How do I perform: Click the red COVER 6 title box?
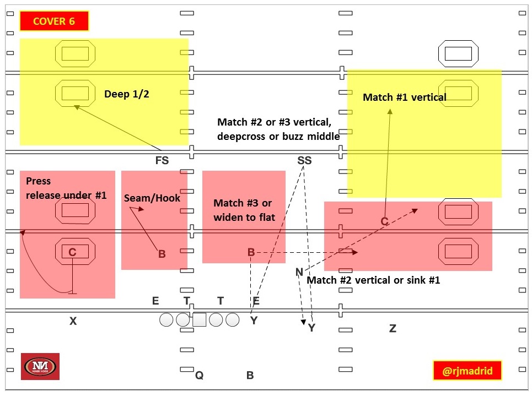(x=54, y=21)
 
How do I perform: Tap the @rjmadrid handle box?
(x=467, y=371)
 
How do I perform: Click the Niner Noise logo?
(x=40, y=366)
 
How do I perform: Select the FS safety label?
(x=162, y=161)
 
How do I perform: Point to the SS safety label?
(x=304, y=161)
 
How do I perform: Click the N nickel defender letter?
(x=299, y=272)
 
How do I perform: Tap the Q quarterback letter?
(x=200, y=376)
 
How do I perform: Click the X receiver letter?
(x=73, y=321)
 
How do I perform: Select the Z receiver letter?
(x=393, y=329)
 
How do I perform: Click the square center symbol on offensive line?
(x=199, y=319)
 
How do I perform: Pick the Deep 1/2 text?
(x=127, y=94)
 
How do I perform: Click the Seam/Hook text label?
(x=152, y=198)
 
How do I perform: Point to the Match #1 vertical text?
(x=404, y=97)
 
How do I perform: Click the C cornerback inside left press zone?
(x=72, y=252)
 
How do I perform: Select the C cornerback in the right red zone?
(x=385, y=221)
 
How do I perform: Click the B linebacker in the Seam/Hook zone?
(x=162, y=254)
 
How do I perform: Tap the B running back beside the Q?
(x=250, y=376)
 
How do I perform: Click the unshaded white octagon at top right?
(x=458, y=53)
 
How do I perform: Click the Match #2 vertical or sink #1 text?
(x=373, y=280)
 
